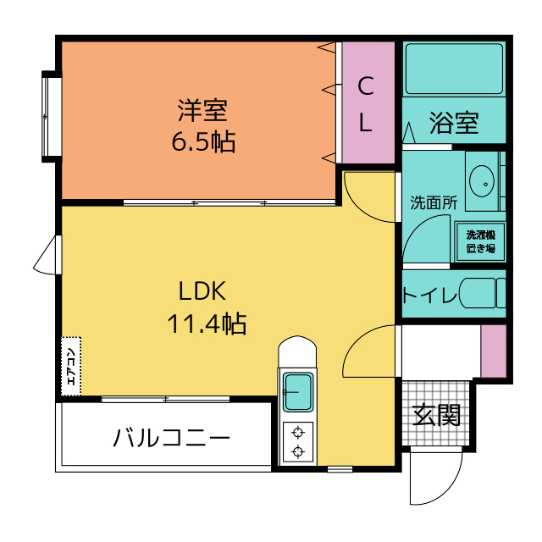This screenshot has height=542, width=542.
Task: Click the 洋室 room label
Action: pos(203,110)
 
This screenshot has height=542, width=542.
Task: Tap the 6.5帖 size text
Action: pos(203,141)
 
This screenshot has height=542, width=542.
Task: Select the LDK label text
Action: pos(202,291)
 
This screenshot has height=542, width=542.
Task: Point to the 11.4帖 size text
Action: pos(207,324)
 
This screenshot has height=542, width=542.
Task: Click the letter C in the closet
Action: pos(366,86)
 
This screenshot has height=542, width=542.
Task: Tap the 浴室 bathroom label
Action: pos(454,123)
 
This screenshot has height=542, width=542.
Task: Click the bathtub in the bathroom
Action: pos(454,69)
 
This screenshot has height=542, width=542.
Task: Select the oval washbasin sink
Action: pos(482,181)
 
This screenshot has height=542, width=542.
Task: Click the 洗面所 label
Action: pos(434,202)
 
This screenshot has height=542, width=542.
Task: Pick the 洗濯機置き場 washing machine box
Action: pos(480,241)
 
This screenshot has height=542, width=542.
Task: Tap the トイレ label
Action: pos(430,295)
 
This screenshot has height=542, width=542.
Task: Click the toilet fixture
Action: pos(483,293)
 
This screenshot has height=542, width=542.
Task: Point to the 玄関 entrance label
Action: pos(436,415)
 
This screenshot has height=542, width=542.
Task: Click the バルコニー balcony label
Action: pos(171,438)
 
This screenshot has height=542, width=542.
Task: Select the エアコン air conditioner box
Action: pos(71,367)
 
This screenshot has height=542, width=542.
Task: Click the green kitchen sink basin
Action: pos(298,392)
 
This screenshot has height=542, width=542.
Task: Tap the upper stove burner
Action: pos(298,432)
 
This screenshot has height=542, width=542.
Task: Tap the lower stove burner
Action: pos(298,451)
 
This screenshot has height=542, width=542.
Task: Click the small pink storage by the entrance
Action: pos(494,351)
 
